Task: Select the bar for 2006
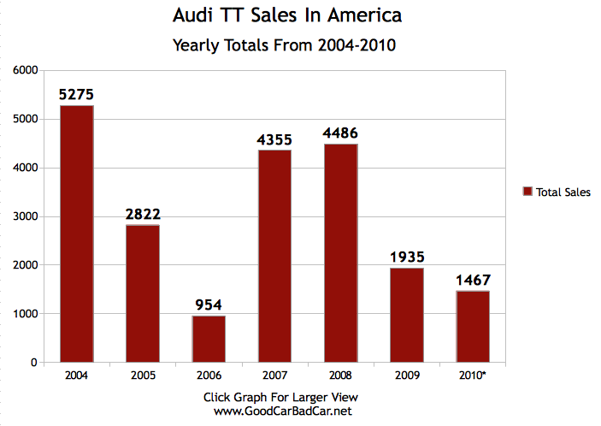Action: coord(209,339)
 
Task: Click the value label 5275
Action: coord(77,94)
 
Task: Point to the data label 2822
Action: coord(143,214)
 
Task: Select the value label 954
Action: coord(209,305)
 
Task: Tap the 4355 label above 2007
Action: coord(274,139)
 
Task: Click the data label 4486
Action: coord(340,133)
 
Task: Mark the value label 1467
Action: coord(473,280)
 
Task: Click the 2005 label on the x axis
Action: coord(143,375)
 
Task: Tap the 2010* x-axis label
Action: coord(473,375)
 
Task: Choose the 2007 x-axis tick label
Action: coord(274,375)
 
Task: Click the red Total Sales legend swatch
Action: coord(527,192)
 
